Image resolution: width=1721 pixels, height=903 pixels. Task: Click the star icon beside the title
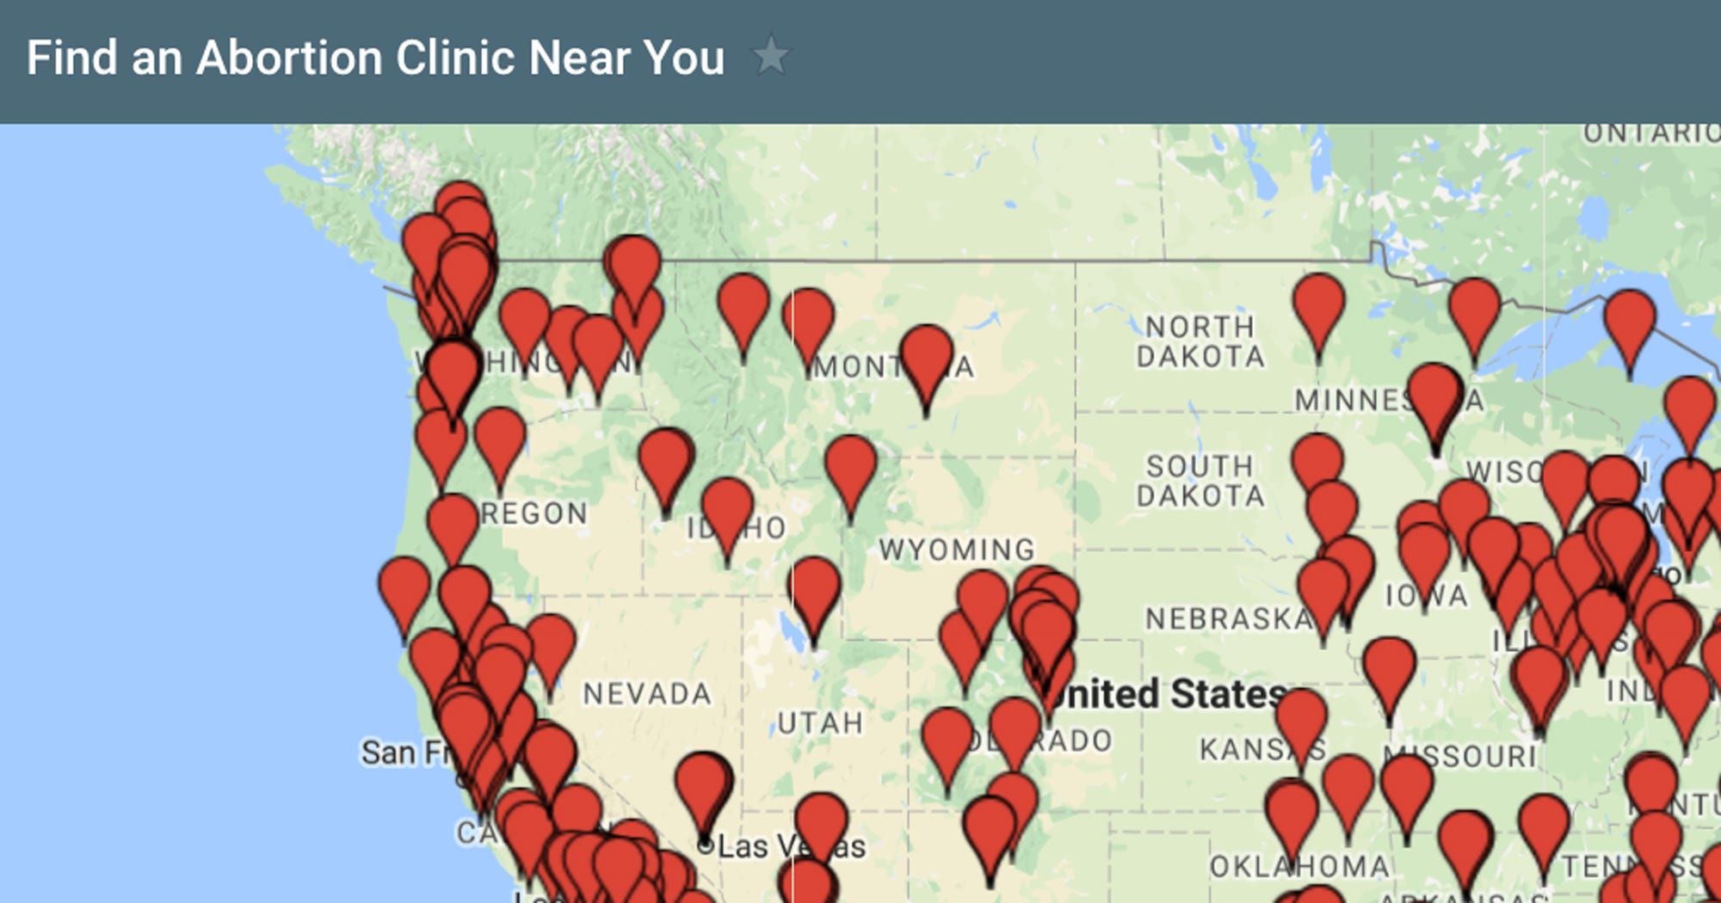pyautogui.click(x=770, y=56)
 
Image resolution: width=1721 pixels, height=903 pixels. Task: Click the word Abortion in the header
pyautogui.click(x=290, y=58)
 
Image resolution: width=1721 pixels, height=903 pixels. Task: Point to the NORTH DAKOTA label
pyautogui.click(x=1200, y=341)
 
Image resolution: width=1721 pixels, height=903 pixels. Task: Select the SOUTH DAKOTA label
pyautogui.click(x=1200, y=481)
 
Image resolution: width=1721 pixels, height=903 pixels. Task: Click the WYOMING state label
pyautogui.click(x=957, y=549)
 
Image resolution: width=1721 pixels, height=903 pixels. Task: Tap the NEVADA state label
pyautogui.click(x=647, y=693)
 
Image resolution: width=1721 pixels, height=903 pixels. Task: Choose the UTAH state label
pyautogui.click(x=820, y=722)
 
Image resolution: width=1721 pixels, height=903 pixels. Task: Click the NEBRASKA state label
pyautogui.click(x=1229, y=618)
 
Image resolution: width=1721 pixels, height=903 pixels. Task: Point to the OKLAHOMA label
pyautogui.click(x=1299, y=866)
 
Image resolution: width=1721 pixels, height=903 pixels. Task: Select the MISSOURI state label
pyautogui.click(x=1463, y=756)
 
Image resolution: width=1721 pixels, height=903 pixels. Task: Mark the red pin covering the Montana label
pyautogui.click(x=926, y=357)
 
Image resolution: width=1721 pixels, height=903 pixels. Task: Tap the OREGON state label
pyautogui.click(x=534, y=513)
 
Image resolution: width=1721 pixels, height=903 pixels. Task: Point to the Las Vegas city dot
pyautogui.click(x=706, y=845)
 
